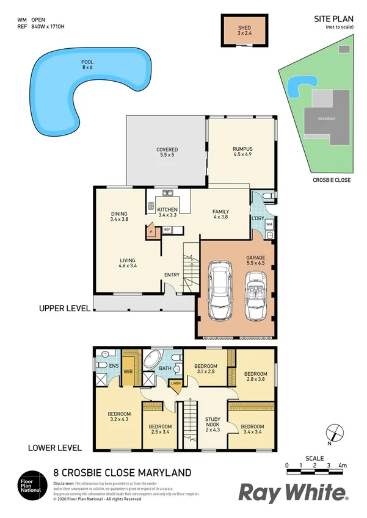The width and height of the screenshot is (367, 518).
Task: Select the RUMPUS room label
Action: click(x=242, y=149)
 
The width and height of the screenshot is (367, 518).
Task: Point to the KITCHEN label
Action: click(x=167, y=210)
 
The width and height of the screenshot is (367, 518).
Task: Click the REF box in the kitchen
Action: click(x=167, y=229)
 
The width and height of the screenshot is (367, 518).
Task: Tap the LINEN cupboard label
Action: click(x=176, y=383)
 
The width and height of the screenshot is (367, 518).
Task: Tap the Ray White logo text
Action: click(x=293, y=492)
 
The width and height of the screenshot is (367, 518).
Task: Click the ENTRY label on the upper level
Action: click(x=172, y=275)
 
